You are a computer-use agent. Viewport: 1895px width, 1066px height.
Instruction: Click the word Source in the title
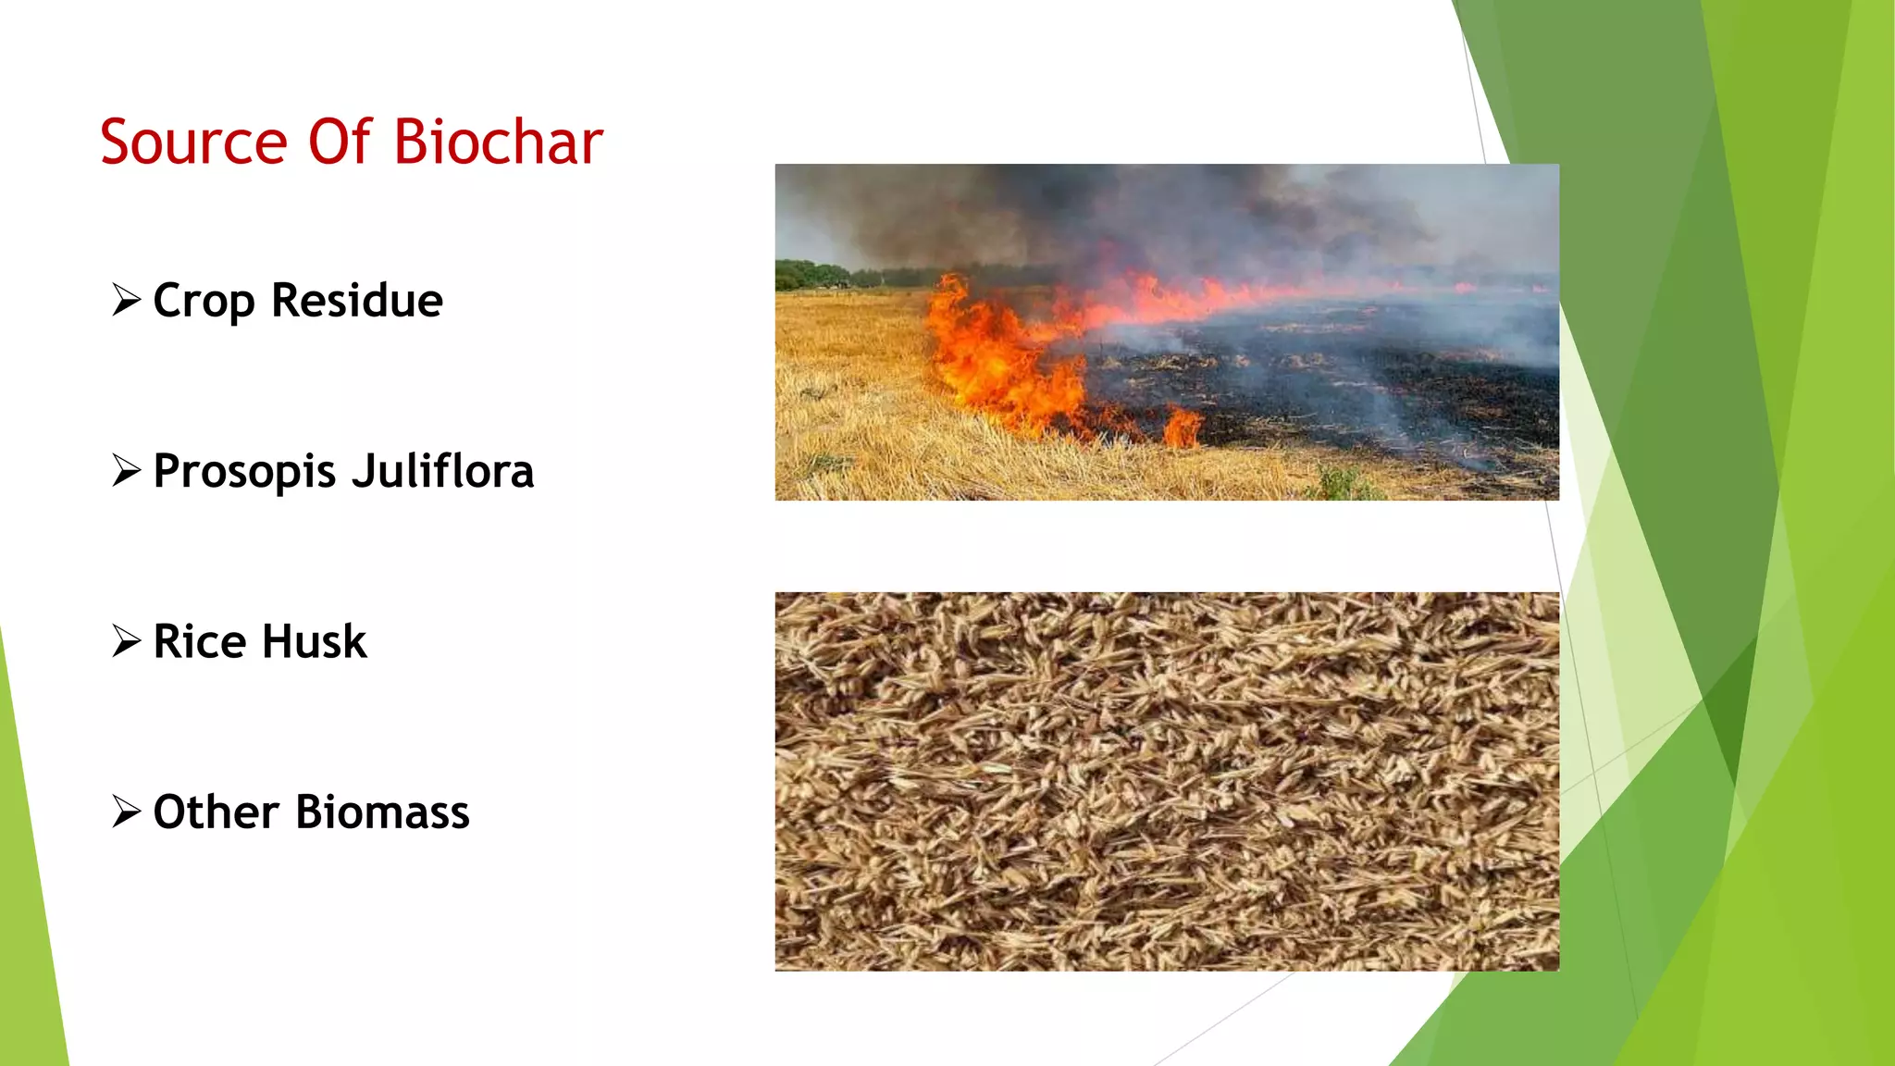(x=193, y=143)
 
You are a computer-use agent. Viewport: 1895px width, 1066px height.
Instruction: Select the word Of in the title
(x=340, y=143)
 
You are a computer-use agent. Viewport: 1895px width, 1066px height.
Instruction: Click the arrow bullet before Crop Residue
(x=126, y=300)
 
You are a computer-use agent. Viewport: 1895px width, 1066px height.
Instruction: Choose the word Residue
(x=357, y=301)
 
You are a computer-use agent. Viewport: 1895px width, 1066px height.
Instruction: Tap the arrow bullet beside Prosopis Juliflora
(x=126, y=470)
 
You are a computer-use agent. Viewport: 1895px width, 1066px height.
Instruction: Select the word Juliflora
(x=443, y=470)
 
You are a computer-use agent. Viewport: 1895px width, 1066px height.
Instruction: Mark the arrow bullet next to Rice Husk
(x=126, y=640)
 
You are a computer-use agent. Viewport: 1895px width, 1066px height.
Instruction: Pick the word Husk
(x=315, y=641)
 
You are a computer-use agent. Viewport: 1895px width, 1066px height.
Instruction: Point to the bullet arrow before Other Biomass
(x=126, y=811)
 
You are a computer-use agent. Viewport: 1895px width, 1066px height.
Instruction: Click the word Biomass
(x=382, y=812)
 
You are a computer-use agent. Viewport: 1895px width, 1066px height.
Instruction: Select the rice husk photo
(x=1167, y=781)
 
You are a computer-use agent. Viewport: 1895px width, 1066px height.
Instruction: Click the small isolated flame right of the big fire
(x=1183, y=427)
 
